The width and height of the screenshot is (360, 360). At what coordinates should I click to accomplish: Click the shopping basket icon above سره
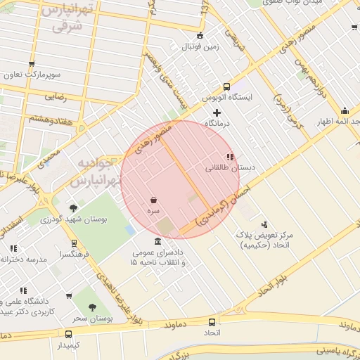point(153,200)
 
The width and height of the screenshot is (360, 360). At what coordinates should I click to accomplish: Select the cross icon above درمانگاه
point(217,112)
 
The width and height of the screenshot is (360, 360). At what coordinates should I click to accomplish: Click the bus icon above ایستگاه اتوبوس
point(226,86)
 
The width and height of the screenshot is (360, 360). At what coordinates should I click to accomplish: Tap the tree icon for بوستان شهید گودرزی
point(73,208)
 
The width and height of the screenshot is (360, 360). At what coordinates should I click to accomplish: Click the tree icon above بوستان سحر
point(92,307)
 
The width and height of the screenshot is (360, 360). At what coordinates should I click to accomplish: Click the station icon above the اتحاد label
point(212,321)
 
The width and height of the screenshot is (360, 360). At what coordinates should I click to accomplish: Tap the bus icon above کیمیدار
point(68,335)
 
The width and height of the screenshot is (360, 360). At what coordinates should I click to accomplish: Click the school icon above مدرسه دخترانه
point(13,247)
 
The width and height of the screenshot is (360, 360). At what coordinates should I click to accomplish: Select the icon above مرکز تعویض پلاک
point(264,224)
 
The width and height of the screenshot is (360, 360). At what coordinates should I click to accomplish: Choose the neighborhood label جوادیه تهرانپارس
point(97,172)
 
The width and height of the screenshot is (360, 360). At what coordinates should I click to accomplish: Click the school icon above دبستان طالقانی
point(229,157)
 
